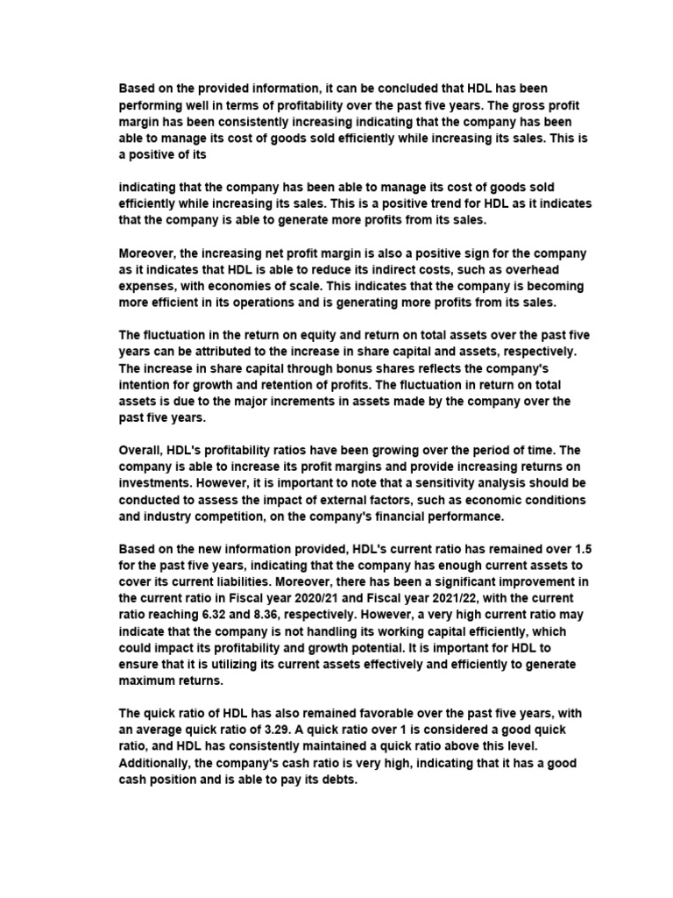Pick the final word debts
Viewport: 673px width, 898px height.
(x=338, y=780)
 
